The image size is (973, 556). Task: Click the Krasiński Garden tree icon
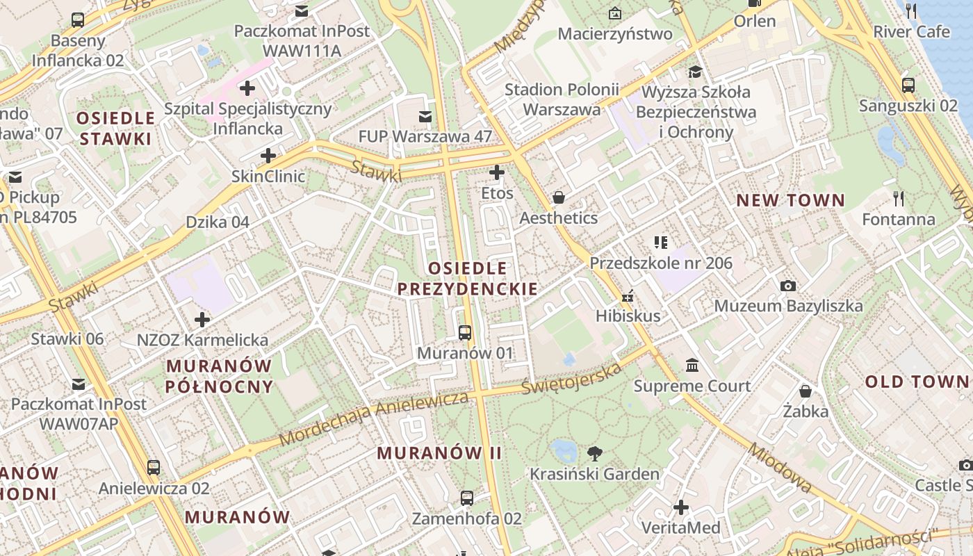tap(594, 454)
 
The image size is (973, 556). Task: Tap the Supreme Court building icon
tap(692, 366)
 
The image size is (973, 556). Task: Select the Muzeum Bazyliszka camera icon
tap(788, 286)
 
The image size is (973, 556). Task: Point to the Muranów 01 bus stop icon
tap(465, 333)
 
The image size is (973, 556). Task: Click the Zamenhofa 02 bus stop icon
tap(467, 498)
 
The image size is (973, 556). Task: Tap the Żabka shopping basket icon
tap(805, 391)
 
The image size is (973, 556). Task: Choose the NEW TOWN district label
tap(791, 201)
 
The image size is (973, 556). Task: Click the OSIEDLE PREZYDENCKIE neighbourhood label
tap(468, 278)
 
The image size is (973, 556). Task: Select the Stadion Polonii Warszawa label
tap(562, 99)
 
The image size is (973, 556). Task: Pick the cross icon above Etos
tap(496, 172)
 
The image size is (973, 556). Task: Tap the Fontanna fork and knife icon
tap(899, 199)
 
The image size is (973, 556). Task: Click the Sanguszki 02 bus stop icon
tap(908, 85)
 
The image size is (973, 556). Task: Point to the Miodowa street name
tap(779, 468)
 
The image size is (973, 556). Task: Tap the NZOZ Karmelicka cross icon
tap(202, 320)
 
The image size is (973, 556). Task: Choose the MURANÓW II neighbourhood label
tap(439, 453)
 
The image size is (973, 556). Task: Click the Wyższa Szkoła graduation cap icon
tap(694, 72)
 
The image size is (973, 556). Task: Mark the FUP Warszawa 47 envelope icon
tap(425, 116)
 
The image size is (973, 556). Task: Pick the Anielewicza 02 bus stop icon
tap(154, 468)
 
